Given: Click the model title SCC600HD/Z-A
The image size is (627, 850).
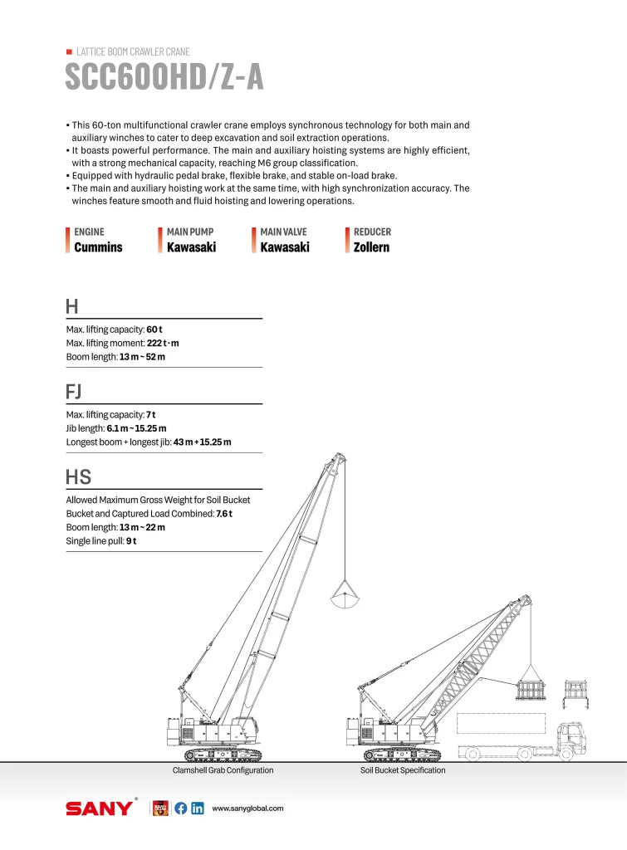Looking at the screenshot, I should tap(164, 77).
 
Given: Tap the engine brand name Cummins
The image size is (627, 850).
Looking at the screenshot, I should tap(98, 247).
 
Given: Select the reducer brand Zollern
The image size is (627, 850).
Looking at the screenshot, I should tap(371, 247).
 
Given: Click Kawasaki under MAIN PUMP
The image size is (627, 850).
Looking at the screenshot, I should tap(191, 247).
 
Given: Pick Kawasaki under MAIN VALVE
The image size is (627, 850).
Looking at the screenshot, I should tap(285, 247).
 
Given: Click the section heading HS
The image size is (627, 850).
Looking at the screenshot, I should tap(78, 477).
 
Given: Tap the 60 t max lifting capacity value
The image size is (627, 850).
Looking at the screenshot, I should tap(154, 330).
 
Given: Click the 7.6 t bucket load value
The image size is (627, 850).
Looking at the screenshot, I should tap(224, 514).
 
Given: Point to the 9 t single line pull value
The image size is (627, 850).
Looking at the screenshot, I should tap(131, 541).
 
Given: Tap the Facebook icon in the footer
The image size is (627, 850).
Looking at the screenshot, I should tap(180, 808).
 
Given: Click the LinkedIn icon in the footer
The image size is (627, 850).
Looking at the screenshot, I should tap(198, 808).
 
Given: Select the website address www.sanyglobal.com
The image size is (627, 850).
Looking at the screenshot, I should tap(248, 808).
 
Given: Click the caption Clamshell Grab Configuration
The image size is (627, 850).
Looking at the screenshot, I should tap(223, 770).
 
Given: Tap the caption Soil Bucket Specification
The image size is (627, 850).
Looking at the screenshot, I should tap(402, 770).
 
